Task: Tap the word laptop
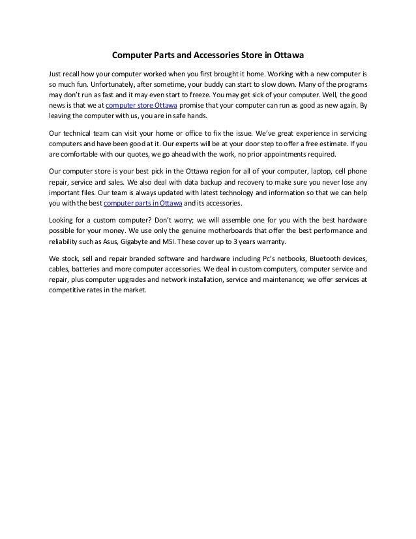tap(317, 171)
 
